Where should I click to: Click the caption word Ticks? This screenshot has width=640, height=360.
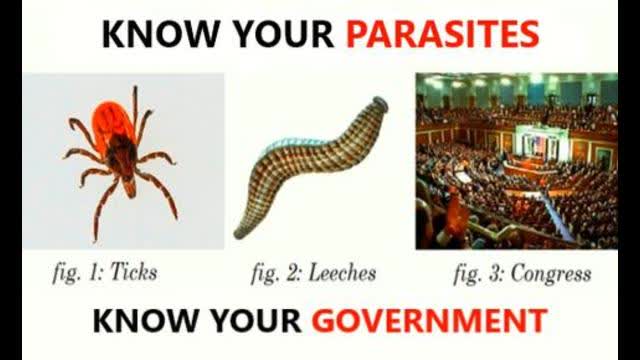point(133,272)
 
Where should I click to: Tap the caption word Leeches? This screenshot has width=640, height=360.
point(341,272)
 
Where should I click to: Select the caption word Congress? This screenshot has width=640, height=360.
point(552,272)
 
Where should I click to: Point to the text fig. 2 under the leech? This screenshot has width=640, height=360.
point(269,272)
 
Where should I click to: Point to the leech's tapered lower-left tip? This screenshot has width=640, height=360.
point(240,231)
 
